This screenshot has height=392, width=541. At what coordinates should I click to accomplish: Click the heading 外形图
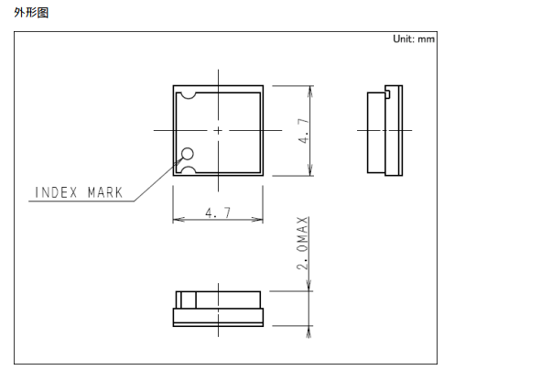[x=31, y=13]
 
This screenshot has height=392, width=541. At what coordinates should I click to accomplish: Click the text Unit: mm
[x=414, y=38]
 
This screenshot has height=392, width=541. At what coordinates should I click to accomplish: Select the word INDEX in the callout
[x=56, y=192]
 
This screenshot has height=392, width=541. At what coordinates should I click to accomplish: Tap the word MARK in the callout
[x=105, y=192]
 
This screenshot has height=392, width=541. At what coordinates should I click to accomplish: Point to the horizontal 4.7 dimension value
[x=218, y=212]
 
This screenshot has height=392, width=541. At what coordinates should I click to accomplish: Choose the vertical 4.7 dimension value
[x=304, y=131]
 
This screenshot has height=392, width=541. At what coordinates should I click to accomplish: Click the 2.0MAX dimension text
[x=302, y=243]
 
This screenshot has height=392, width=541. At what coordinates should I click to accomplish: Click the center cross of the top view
[x=218, y=130]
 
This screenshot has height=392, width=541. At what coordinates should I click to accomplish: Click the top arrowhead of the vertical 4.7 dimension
[x=310, y=91]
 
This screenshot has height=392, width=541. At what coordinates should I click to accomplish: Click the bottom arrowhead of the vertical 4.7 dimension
[x=310, y=170]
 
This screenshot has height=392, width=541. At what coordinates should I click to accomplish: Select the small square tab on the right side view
[x=387, y=93]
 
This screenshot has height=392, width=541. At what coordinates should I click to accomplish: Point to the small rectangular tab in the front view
[x=189, y=299]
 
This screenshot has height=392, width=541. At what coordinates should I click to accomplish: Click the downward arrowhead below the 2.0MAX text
[x=308, y=286]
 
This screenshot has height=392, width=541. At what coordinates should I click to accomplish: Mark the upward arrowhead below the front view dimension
[x=308, y=332]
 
